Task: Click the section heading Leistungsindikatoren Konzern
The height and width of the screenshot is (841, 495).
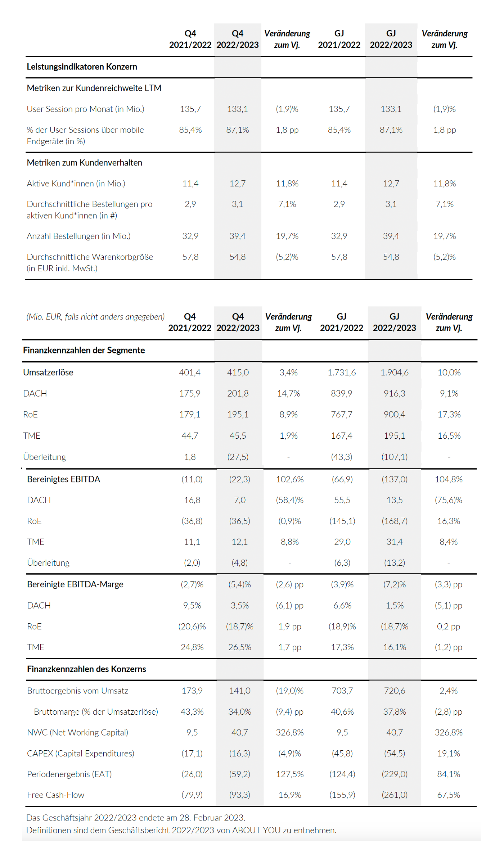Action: pos(82,67)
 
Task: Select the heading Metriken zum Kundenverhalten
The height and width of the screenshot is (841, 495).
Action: pos(84,163)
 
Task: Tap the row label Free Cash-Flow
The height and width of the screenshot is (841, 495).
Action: pos(55,795)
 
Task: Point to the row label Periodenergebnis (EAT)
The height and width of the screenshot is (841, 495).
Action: pos(69,774)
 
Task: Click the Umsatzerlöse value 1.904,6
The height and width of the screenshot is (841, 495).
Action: pos(394,372)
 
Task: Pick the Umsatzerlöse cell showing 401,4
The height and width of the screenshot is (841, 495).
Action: pos(190,372)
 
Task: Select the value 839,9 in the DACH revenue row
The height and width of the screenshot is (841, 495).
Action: pos(342,393)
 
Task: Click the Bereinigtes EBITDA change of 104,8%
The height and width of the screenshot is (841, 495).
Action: pos(449,479)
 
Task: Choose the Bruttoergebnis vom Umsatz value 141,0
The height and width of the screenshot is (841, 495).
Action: pos(240,691)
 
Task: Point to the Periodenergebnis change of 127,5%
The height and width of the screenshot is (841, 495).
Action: pos(290,774)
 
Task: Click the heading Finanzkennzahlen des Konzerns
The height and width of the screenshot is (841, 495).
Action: pos(86,669)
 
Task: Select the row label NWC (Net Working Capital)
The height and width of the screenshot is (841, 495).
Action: pos(77,732)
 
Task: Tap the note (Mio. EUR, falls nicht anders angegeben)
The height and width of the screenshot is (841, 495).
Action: pos(95,317)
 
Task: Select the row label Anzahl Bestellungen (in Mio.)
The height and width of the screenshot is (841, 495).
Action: pos(78,236)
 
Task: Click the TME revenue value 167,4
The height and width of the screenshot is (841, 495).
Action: pos(342,435)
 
